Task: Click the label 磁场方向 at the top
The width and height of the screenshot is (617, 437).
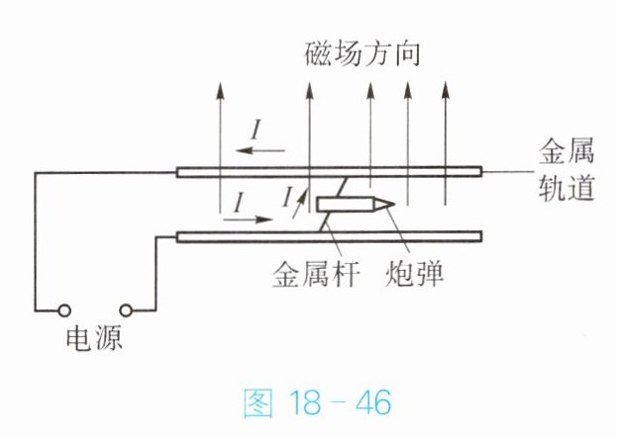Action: click(x=362, y=53)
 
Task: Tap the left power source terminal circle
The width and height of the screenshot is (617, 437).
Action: click(x=64, y=310)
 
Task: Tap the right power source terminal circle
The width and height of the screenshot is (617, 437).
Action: click(x=126, y=310)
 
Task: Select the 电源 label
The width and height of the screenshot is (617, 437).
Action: click(x=94, y=339)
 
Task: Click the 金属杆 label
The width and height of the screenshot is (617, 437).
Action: click(x=316, y=275)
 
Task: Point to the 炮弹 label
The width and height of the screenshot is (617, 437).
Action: click(x=414, y=274)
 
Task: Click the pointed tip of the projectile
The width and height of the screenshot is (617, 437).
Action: click(x=394, y=203)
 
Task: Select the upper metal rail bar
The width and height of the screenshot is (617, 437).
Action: click(x=329, y=172)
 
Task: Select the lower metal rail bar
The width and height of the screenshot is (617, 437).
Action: click(x=329, y=237)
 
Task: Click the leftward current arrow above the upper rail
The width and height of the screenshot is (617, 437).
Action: click(x=260, y=150)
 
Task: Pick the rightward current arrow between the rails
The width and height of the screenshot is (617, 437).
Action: click(x=248, y=218)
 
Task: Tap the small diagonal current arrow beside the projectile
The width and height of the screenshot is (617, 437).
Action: click(x=299, y=204)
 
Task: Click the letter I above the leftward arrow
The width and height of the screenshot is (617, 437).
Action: click(x=257, y=130)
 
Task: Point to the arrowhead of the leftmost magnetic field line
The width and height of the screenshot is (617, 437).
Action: click(x=220, y=90)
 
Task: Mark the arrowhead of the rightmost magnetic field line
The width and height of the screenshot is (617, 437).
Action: click(x=445, y=90)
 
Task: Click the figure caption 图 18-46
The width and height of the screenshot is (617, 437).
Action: click(x=317, y=402)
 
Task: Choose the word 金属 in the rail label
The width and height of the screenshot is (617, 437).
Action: click(x=566, y=151)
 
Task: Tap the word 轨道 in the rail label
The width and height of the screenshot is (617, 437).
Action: click(x=566, y=188)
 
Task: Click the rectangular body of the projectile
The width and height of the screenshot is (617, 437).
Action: click(x=346, y=204)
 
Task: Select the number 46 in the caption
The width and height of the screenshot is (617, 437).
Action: click(x=373, y=402)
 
